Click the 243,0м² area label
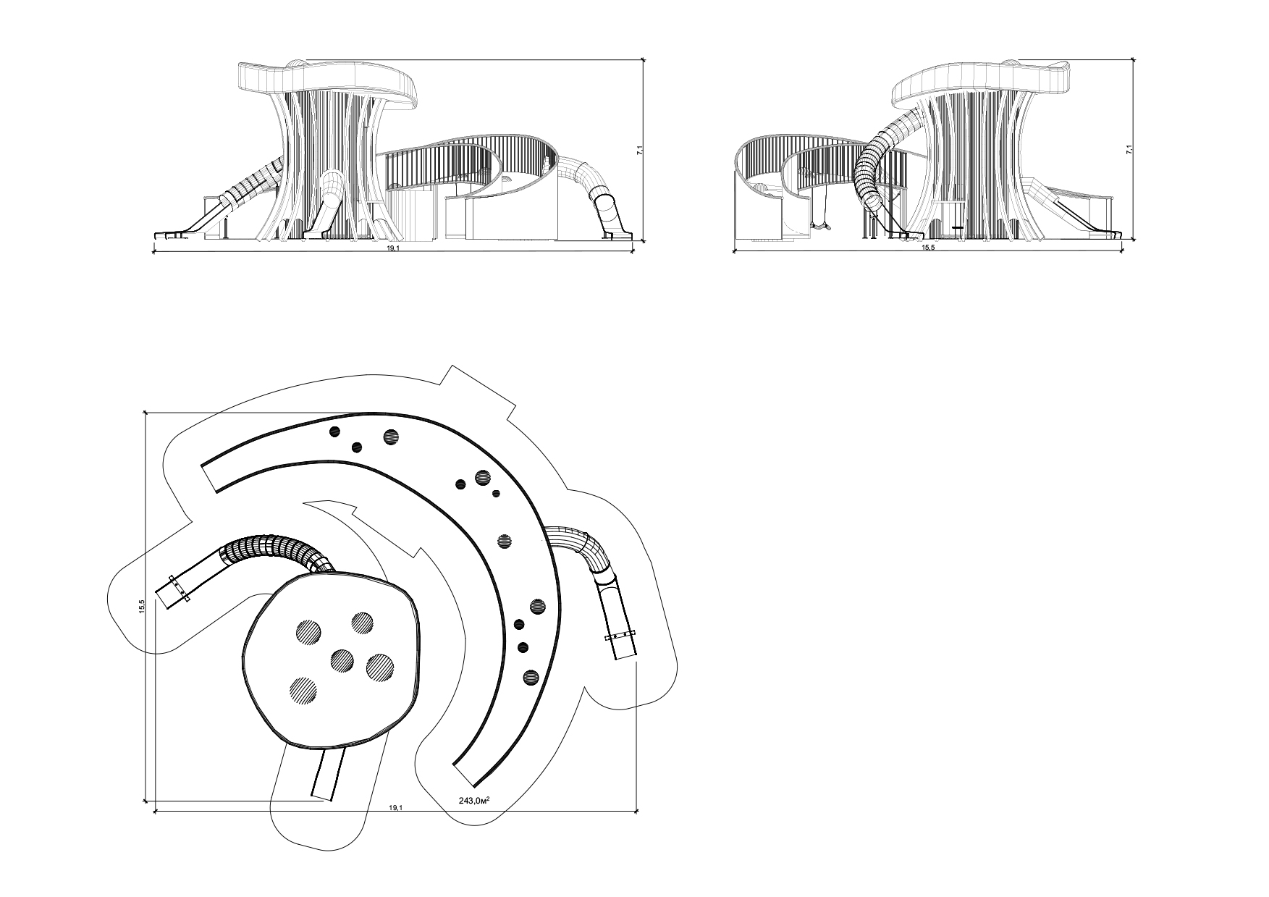click(x=474, y=801)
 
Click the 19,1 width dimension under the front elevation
click(x=392, y=248)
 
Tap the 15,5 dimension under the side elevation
click(x=928, y=248)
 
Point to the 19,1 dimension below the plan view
click(x=396, y=807)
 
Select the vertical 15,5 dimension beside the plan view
click(x=143, y=607)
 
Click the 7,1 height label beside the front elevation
click(x=638, y=151)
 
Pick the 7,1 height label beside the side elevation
click(x=1129, y=151)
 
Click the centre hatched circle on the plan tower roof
click(x=342, y=660)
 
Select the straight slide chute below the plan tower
click(x=329, y=773)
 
